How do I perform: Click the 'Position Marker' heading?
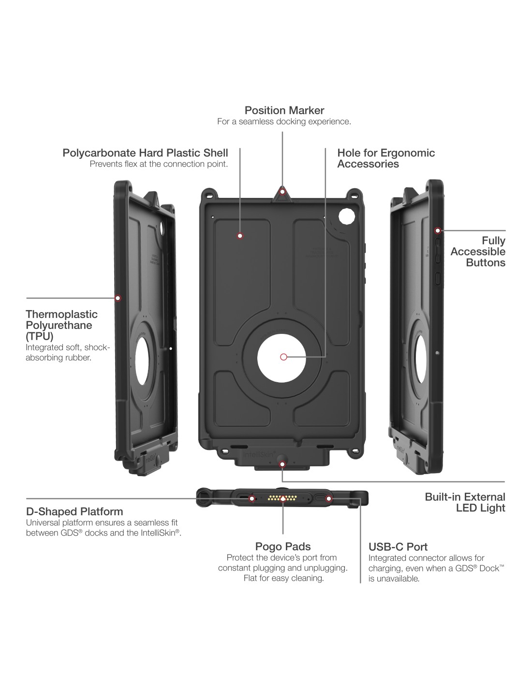point(284,110)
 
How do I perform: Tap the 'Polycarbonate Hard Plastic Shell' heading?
point(145,153)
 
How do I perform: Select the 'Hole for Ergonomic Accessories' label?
point(386,158)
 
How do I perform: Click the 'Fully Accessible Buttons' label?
point(478,252)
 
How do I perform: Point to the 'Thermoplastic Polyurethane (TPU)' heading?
point(61,325)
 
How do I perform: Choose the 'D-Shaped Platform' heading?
point(74,511)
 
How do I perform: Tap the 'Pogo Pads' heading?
point(283,547)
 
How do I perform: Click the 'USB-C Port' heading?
point(398,547)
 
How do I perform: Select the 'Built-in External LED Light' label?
point(465,502)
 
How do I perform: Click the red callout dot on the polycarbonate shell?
point(240,236)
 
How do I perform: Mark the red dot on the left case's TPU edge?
point(118,298)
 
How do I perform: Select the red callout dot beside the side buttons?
point(437,230)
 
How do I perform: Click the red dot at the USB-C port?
point(329,498)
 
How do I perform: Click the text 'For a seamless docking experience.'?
point(284,121)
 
